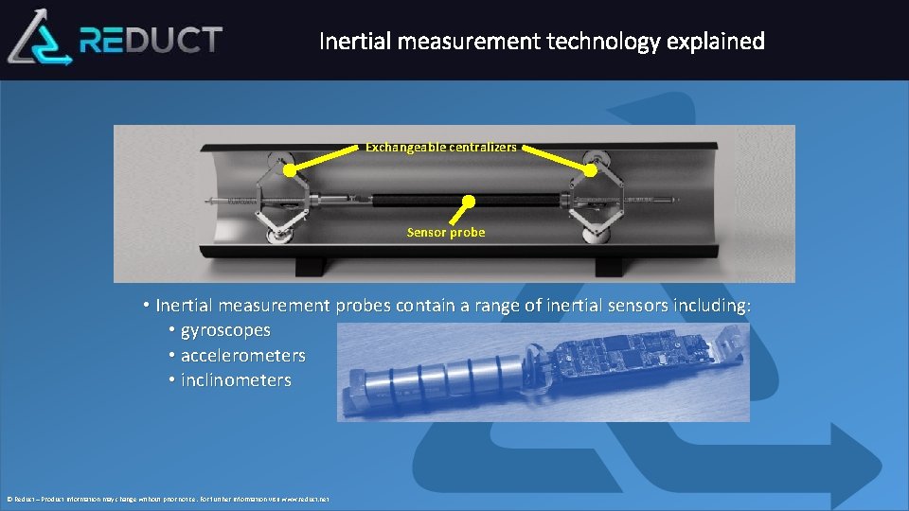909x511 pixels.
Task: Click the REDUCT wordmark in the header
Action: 151,40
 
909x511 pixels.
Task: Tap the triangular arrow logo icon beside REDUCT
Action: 41,38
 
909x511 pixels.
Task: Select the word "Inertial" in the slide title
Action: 352,42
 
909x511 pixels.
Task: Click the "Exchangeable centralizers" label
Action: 441,147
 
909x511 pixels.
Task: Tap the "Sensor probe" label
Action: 446,232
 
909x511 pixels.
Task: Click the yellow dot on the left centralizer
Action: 290,171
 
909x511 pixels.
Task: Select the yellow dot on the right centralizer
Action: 590,171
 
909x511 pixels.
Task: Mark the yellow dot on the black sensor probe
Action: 468,202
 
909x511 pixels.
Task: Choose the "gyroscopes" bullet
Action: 225,331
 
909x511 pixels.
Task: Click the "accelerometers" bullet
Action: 242,356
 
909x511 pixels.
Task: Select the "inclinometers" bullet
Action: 236,380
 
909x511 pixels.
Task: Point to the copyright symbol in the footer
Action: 9,499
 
